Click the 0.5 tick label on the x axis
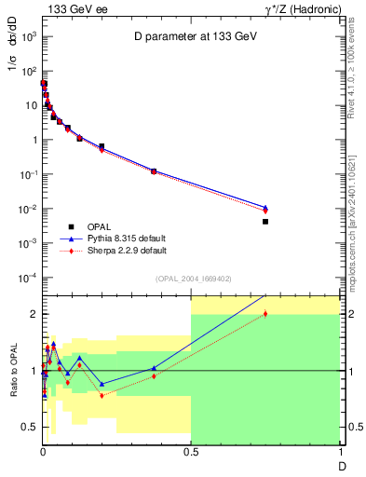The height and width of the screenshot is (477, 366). (191, 451)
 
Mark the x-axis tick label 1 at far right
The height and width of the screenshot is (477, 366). (340, 451)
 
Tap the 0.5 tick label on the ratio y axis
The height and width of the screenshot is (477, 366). (30, 428)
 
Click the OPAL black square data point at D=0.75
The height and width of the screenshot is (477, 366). (265, 222)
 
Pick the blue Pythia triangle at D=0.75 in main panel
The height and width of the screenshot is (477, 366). (265, 207)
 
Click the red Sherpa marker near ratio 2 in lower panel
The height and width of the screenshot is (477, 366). (265, 313)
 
